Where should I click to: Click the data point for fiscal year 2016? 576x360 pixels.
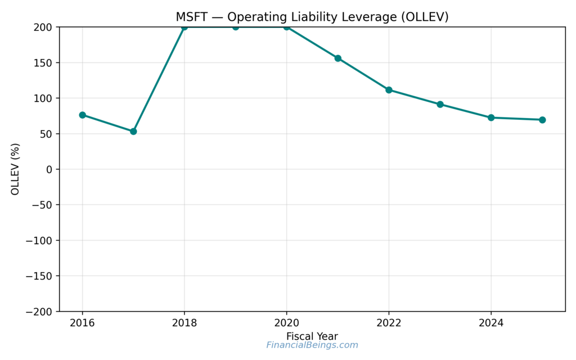click(82, 115)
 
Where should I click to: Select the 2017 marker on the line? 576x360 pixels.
click(133, 131)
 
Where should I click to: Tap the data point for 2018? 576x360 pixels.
click(184, 27)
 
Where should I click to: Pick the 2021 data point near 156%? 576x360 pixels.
click(338, 58)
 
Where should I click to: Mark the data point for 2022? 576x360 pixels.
click(389, 90)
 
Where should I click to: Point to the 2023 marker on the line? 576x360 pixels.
click(440, 104)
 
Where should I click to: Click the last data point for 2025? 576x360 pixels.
click(542, 120)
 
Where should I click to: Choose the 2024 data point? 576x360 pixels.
click(491, 118)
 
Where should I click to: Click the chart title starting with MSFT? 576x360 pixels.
click(312, 17)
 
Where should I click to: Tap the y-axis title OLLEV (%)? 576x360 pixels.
click(15, 169)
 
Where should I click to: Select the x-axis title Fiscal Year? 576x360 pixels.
click(312, 336)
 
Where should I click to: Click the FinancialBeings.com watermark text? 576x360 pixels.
click(312, 345)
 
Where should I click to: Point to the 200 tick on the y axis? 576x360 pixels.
click(43, 27)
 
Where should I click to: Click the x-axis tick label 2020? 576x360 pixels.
click(286, 323)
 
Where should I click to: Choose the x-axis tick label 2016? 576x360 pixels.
click(82, 323)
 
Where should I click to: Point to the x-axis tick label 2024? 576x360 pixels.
click(491, 323)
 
